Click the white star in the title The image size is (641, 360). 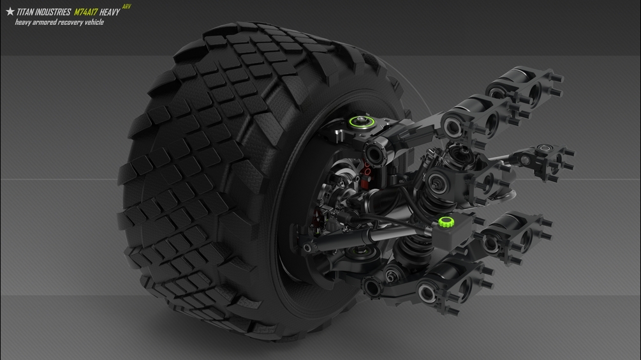tap(10, 11)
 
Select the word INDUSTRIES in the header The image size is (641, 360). tap(52, 12)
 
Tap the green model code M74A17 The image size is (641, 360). tap(85, 12)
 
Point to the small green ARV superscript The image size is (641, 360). tap(127, 6)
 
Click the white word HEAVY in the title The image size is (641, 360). tap(110, 12)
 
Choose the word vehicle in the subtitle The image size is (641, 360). tap(94, 22)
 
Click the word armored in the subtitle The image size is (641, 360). tap(43, 22)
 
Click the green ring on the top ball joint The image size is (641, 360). tap(362, 121)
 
